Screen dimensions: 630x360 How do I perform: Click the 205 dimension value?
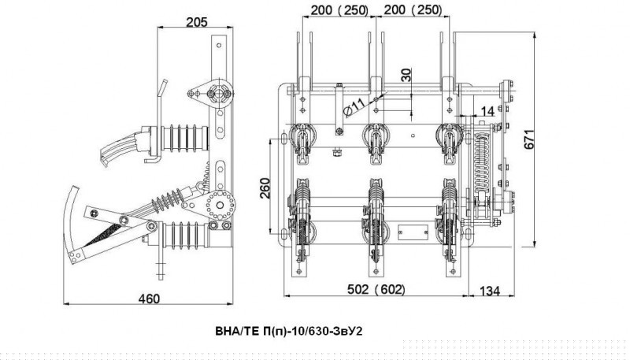(196, 22)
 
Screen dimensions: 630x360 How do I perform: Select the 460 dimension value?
(149, 299)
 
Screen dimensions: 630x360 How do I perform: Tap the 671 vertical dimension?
(529, 139)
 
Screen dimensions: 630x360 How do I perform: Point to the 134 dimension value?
(490, 291)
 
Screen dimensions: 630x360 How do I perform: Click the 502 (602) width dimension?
(376, 289)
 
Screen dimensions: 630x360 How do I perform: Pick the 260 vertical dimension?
(265, 187)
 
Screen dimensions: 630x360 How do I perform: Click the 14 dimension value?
(487, 111)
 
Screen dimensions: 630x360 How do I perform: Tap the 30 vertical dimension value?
(406, 75)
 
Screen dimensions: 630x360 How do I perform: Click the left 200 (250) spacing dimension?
(339, 10)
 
